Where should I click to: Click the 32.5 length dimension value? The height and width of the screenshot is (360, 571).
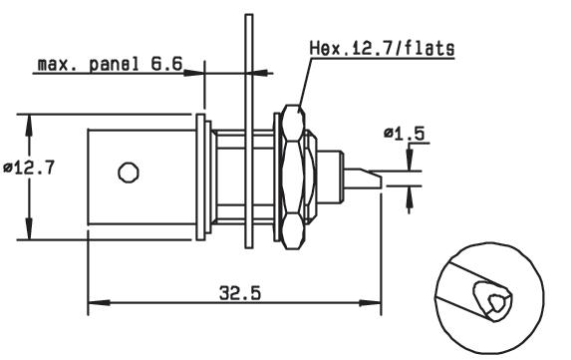[x=240, y=293]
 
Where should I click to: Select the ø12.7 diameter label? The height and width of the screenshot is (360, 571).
[x=29, y=168]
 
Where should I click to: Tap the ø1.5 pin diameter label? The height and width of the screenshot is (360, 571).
[x=405, y=134]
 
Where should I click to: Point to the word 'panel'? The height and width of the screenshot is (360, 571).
[x=114, y=65]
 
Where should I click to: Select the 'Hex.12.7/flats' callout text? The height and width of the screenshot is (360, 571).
[x=383, y=49]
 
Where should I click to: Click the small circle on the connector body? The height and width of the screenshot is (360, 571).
[x=129, y=173]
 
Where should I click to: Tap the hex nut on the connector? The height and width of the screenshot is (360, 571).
[x=293, y=178]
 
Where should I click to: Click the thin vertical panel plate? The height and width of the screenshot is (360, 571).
[x=249, y=132]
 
